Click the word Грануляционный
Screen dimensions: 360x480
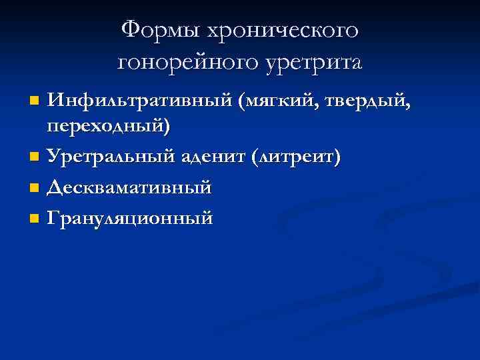click(x=130, y=218)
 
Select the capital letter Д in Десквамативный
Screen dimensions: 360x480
click(x=55, y=187)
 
